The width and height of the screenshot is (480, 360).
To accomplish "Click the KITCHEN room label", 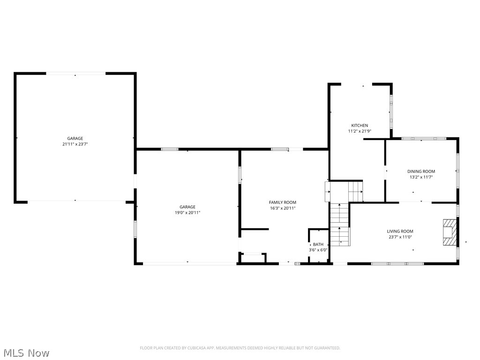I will pyautogui.click(x=360, y=126).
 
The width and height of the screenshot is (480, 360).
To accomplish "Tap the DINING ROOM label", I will pyautogui.click(x=421, y=172).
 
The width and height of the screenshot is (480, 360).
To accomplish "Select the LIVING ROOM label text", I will pyautogui.click(x=400, y=231).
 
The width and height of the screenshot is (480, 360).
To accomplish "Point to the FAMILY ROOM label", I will pyautogui.click(x=282, y=202).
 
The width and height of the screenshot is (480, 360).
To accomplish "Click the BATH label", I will pyautogui.click(x=318, y=244).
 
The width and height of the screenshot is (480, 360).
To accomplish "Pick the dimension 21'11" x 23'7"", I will pyautogui.click(x=75, y=144).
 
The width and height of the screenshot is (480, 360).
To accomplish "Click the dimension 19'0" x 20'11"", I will pyautogui.click(x=187, y=213).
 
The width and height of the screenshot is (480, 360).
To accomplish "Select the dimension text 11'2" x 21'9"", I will pyautogui.click(x=360, y=131).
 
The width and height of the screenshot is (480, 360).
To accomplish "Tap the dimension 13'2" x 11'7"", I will pyautogui.click(x=421, y=177).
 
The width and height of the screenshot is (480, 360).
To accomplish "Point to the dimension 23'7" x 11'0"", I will pyautogui.click(x=400, y=237).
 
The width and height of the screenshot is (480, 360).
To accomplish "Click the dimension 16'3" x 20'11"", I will pyautogui.click(x=282, y=208).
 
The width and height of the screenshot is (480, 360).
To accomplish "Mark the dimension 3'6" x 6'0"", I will pyautogui.click(x=318, y=250).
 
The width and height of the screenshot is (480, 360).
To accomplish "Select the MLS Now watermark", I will pyautogui.click(x=26, y=352).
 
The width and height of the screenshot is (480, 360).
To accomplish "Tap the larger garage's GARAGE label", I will pyautogui.click(x=75, y=138).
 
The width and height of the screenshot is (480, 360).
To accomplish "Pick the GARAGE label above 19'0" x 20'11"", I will pyautogui.click(x=187, y=207).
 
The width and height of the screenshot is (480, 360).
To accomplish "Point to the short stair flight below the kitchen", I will pyautogui.click(x=355, y=191).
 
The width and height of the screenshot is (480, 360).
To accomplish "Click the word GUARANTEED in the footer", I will pyautogui.click(x=326, y=348).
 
